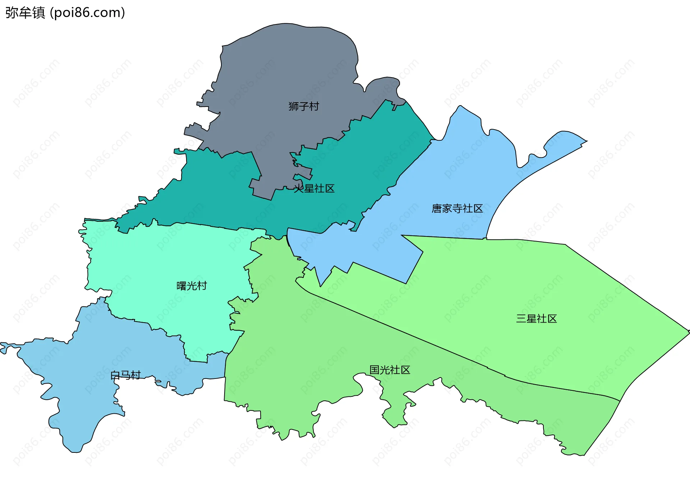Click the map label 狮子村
coord(304,106)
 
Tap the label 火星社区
coord(314,188)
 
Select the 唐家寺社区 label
coord(457,208)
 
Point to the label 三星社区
coord(537,319)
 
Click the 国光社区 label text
coord(390,370)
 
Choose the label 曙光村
coord(192,286)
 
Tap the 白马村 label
coord(125,375)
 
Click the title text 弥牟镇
coord(25,13)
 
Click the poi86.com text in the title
coord(87,13)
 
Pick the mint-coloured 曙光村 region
coord(162,258)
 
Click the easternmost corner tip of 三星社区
coord(688,332)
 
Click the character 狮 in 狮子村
coord(294,106)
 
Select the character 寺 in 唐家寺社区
coord(457,208)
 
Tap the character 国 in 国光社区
coord(375,370)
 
